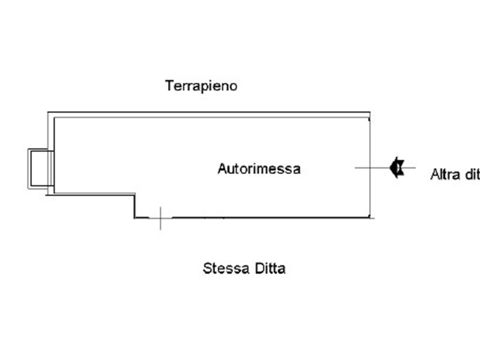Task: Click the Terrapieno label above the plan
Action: (x=202, y=86)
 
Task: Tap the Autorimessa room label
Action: (x=259, y=169)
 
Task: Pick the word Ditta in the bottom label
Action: (x=268, y=268)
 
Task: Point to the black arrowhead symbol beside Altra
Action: (x=397, y=167)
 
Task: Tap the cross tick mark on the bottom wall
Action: (x=160, y=218)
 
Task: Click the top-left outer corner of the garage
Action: (x=48, y=112)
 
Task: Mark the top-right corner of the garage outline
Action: (x=370, y=112)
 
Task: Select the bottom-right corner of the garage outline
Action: (x=369, y=217)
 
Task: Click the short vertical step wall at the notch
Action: (x=134, y=205)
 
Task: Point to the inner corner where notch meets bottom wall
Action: (x=134, y=217)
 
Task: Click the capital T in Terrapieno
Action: (x=169, y=86)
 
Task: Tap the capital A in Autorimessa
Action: (x=221, y=169)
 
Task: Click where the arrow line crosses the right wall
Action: (x=369, y=167)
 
